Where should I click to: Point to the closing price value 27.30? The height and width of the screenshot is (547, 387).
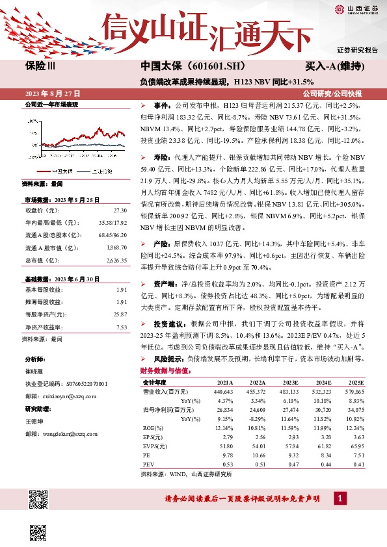pyautogui.click(x=120, y=210)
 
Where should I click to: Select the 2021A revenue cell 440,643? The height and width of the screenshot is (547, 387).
pyautogui.click(x=222, y=392)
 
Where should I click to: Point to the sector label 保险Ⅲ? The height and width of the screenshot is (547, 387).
pyautogui.click(x=40, y=67)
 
